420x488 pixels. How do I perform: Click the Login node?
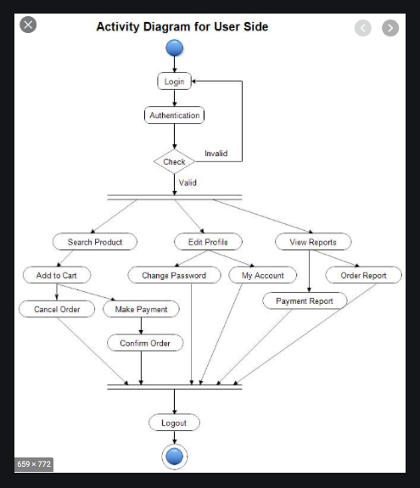point(174,81)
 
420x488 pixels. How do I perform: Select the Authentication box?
point(174,115)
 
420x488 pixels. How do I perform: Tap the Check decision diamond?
point(174,161)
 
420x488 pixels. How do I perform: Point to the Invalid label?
point(216,154)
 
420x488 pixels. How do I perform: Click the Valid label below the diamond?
point(188,182)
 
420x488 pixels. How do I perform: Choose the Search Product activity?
point(95,242)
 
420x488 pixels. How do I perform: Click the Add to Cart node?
point(57,276)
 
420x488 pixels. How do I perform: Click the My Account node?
point(262,276)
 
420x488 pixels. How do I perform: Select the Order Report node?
point(363,276)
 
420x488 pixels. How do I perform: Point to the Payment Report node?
point(304,300)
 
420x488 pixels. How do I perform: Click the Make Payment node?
point(141,309)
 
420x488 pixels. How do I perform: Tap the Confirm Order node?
point(144,343)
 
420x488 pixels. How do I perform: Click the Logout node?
point(174,422)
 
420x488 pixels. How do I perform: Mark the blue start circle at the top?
point(175,48)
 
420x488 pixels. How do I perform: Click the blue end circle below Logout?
point(174,457)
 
